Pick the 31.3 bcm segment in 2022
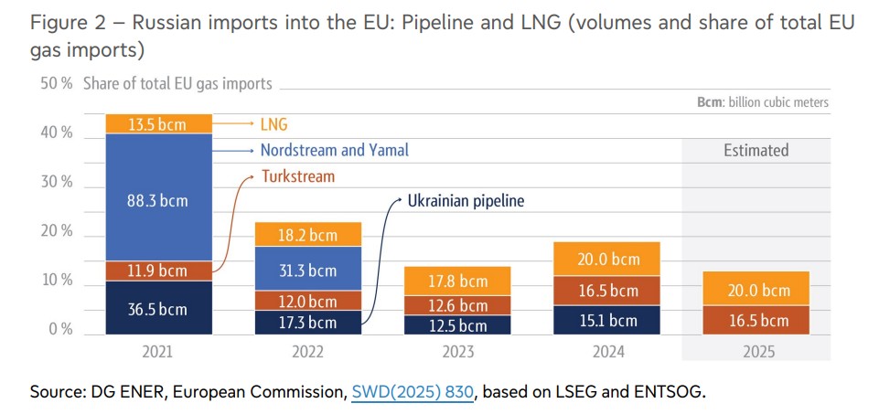pos(309,270)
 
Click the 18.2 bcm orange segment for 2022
pos(309,235)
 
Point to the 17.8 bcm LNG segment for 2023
pos(458,281)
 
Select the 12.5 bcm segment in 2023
pos(458,325)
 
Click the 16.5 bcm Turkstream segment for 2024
pos(607,291)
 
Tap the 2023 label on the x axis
pos(458,350)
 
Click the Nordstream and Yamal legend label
pos(334,150)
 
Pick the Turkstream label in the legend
pos(298,175)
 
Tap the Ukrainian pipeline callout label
pos(466,200)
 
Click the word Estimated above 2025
pos(756,150)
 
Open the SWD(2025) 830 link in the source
pos(413,392)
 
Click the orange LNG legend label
pos(273,124)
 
